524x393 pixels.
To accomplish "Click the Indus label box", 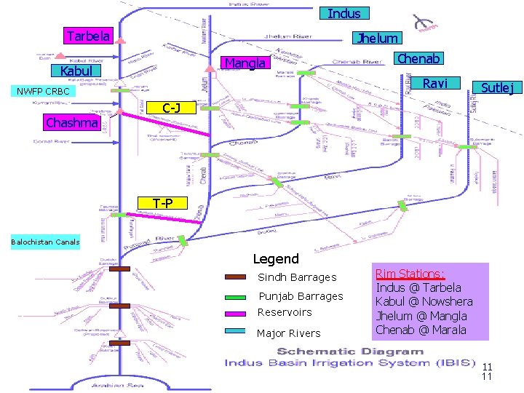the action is pyautogui.click(x=344, y=13).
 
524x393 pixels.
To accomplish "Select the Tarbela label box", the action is pyautogui.click(x=87, y=36).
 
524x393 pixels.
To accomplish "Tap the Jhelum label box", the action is pyautogui.click(x=377, y=38).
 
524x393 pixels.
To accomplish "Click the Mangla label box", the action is pyautogui.click(x=245, y=63).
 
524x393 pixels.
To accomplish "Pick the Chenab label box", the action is pyautogui.click(x=418, y=57).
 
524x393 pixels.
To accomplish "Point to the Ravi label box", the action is pyautogui.click(x=435, y=84).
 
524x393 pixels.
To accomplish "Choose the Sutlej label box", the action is pyautogui.click(x=497, y=88).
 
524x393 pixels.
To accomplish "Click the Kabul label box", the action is pyautogui.click(x=76, y=71).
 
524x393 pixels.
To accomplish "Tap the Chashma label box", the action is pyautogui.click(x=71, y=122).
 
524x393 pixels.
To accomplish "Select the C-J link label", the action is pyautogui.click(x=172, y=108).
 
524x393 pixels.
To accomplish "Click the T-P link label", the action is pyautogui.click(x=163, y=202).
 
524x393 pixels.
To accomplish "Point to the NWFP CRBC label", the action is pyautogui.click(x=43, y=92).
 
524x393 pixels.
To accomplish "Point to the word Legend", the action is pyautogui.click(x=275, y=258).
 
